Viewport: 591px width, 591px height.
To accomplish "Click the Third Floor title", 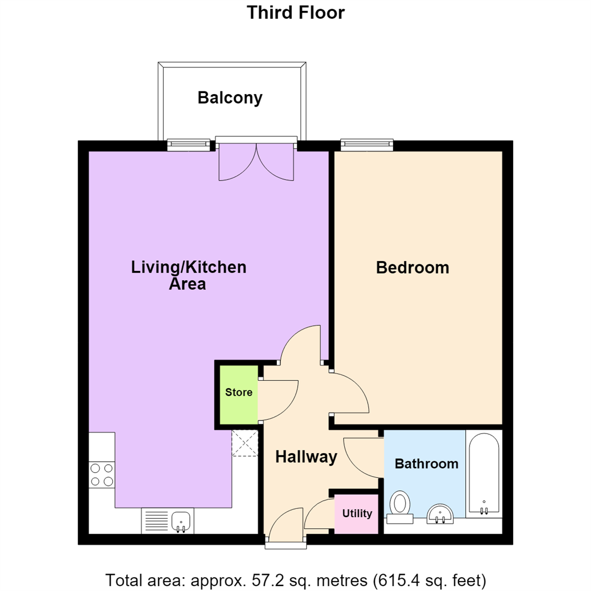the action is (296, 13).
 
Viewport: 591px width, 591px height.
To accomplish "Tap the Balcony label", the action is (230, 98).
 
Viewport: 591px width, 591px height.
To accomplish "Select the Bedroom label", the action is (413, 268).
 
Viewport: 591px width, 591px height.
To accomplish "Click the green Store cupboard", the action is (239, 395).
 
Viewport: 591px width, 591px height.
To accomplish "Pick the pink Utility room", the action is (356, 514).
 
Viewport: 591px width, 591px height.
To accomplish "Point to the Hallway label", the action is (306, 457).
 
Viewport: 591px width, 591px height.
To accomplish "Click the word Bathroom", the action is (426, 463).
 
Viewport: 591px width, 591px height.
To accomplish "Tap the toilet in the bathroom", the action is (400, 507).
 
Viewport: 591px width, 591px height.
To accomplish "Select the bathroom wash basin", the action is (440, 514).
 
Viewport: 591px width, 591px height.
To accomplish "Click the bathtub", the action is (484, 474).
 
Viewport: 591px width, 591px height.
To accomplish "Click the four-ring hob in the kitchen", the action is (102, 475).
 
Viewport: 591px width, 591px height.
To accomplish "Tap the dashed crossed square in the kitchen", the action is (245, 443).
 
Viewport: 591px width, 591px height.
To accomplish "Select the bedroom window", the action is (367, 145).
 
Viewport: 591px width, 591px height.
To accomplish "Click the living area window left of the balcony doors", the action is (188, 145).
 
